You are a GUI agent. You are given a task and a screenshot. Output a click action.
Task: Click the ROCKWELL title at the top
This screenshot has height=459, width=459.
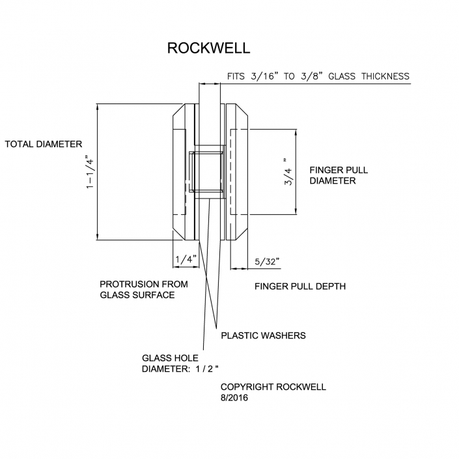tap(208, 48)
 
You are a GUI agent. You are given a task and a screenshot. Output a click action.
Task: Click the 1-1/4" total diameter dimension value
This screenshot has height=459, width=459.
tap(89, 171)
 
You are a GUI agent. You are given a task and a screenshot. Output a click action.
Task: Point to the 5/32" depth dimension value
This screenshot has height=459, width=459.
tap(267, 261)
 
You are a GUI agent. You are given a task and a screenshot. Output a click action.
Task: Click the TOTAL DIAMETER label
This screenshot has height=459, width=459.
tap(44, 144)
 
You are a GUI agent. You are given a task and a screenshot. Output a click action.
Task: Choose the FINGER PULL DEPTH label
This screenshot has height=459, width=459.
tap(300, 286)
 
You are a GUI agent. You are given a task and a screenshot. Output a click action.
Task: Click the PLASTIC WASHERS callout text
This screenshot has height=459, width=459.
tap(263, 336)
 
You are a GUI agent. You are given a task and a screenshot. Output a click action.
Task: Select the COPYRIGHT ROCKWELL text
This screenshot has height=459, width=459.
tap(273, 387)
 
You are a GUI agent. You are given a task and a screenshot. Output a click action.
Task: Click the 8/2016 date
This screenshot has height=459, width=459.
tap(234, 398)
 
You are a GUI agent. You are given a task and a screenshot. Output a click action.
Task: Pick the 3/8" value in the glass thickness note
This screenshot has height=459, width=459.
tap(311, 77)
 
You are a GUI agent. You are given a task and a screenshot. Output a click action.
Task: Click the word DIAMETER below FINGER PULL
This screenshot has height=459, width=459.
tap(332, 181)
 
